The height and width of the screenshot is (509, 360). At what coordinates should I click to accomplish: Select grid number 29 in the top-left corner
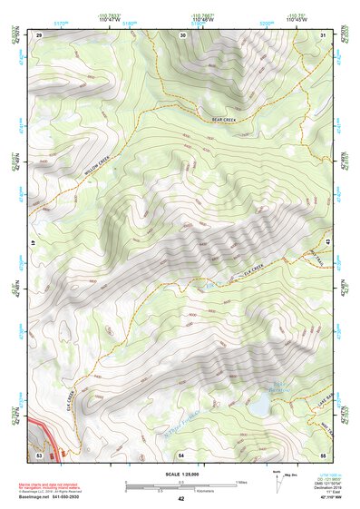click(x=39, y=34)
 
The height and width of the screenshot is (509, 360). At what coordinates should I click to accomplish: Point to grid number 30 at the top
click(x=183, y=34)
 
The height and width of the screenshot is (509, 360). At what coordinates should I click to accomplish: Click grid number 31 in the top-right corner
click(x=323, y=34)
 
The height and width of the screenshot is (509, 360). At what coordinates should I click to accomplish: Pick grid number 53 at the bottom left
click(x=39, y=451)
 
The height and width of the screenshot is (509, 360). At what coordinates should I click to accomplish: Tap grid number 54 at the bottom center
click(x=181, y=452)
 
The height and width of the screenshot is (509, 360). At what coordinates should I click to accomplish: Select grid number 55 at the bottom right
click(x=323, y=452)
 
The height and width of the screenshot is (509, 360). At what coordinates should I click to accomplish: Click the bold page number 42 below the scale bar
click(x=180, y=499)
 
